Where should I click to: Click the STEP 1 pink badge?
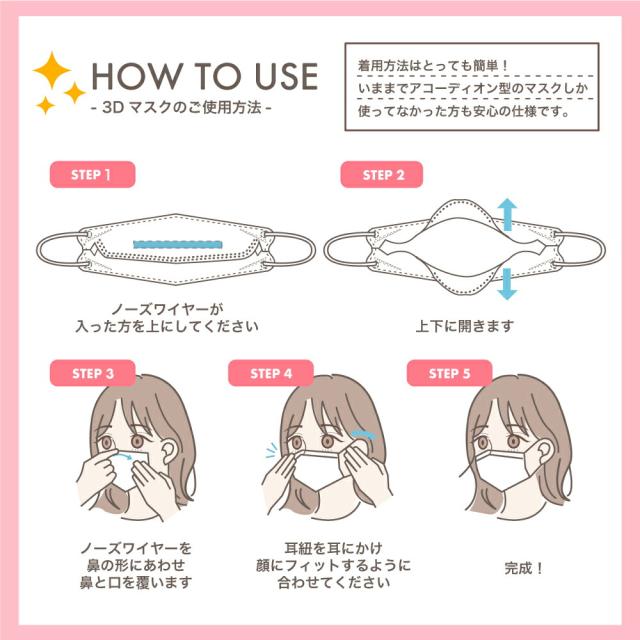click(x=92, y=175)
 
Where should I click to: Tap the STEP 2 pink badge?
click(x=382, y=175)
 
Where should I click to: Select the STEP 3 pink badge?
click(x=92, y=373)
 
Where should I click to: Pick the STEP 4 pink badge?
click(x=271, y=373)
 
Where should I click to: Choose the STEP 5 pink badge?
click(x=449, y=373)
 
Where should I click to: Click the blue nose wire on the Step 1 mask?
click(x=178, y=244)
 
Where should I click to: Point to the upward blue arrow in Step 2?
click(x=507, y=214)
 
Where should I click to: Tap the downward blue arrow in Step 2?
click(x=507, y=284)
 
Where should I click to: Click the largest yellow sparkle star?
click(x=52, y=70)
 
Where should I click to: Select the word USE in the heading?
click(x=286, y=76)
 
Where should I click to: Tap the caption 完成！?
click(x=524, y=568)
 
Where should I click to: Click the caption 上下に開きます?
click(x=465, y=326)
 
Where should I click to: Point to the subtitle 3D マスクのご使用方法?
click(x=182, y=107)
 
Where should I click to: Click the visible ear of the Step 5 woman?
click(x=543, y=451)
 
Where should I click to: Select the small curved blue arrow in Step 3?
click(x=124, y=454)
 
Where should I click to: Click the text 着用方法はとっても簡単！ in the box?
click(x=433, y=65)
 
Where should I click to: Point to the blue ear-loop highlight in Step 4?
click(x=363, y=434)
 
